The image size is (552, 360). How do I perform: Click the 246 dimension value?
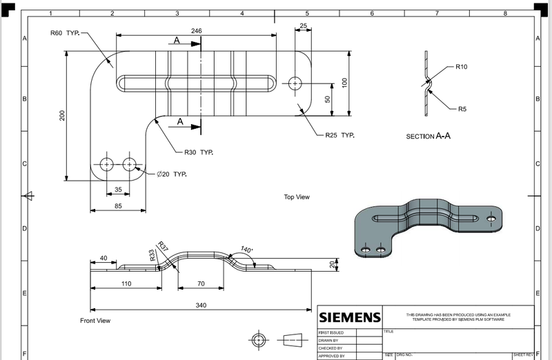pos(197,31)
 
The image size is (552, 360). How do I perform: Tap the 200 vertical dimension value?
pos(62,115)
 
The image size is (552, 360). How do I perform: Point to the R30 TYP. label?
pos(198,152)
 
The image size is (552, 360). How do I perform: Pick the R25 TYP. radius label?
pos(339,135)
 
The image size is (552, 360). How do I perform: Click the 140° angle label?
pos(246,250)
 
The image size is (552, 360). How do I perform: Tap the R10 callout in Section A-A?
pos(461,67)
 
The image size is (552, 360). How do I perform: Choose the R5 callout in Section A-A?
pos(462,109)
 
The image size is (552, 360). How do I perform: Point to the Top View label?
pos(297,197)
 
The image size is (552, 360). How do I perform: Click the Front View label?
pos(95,321)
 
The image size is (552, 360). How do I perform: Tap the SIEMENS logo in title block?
pos(349,317)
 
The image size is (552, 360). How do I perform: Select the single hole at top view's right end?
pos(295,83)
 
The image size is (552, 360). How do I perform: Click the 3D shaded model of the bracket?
pos(426,227)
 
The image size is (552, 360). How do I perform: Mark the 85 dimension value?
pos(118,205)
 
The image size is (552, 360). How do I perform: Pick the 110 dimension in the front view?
pos(126,283)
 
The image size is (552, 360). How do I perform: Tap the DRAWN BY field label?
pos(328,340)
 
